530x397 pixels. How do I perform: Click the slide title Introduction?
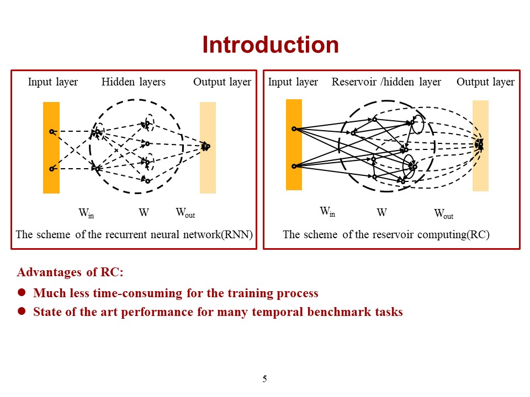tap(270, 45)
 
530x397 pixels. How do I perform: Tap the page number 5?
tap(264, 379)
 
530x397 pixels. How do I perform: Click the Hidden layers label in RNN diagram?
tap(133, 82)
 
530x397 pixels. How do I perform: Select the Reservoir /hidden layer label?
tap(386, 82)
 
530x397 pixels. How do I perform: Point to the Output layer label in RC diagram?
tap(485, 82)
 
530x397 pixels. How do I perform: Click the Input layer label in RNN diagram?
tap(53, 82)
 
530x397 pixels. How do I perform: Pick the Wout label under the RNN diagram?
tap(185, 212)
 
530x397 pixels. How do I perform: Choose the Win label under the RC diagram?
tap(327, 212)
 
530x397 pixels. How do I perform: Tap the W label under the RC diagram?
tap(381, 212)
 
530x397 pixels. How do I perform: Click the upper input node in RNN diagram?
tap(51, 132)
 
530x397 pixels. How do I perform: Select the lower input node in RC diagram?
tap(294, 166)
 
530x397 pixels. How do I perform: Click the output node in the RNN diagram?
tap(207, 146)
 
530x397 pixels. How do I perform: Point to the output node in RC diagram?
tap(481, 144)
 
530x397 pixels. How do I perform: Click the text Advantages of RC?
tap(70, 272)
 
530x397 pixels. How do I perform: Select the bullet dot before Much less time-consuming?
tap(23, 293)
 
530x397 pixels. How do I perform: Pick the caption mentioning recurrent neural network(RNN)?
tap(134, 234)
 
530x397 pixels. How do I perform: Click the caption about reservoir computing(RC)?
tap(386, 234)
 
